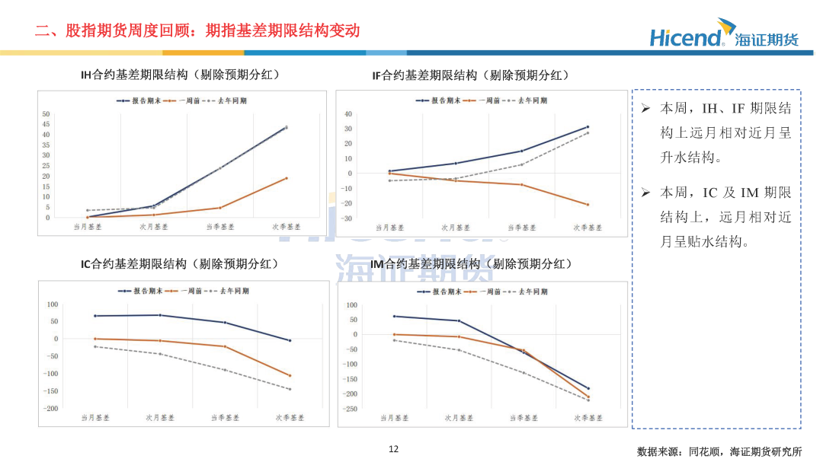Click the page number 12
pyautogui.click(x=393, y=449)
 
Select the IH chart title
pyautogui.click(x=180, y=75)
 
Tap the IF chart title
pyautogui.click(x=471, y=75)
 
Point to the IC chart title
pyautogui.click(x=179, y=264)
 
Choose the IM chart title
pyautogui.click(x=471, y=264)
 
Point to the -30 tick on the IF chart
pyautogui.click(x=347, y=218)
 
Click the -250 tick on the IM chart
pyautogui.click(x=351, y=409)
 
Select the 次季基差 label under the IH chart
pyautogui.click(x=287, y=227)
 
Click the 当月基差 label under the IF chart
pyautogui.click(x=389, y=227)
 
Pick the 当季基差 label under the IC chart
pyautogui.click(x=225, y=417)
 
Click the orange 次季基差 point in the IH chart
pyautogui.click(x=287, y=178)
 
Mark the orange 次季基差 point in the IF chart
pyautogui.click(x=588, y=205)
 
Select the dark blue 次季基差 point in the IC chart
pyautogui.click(x=290, y=340)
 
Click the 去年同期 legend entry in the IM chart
pyautogui.click(x=530, y=291)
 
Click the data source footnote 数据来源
pyautogui.click(x=719, y=451)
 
